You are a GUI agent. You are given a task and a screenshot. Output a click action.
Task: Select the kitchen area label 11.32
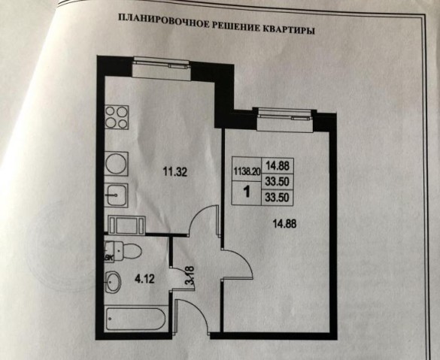pos(174,171)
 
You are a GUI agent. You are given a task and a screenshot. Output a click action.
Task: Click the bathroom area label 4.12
pos(145,279)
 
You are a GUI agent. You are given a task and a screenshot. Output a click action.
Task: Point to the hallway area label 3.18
pos(190,275)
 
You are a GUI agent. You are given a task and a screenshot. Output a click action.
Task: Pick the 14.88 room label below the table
pos(285,224)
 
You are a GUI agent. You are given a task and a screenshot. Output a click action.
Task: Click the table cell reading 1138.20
pos(247,171)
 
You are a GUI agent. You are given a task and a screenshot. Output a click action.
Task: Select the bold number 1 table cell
pos(247,192)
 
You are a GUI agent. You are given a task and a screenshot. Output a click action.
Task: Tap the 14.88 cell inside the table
pos(278,165)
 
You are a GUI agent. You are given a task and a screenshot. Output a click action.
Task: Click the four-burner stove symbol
pos(117,117)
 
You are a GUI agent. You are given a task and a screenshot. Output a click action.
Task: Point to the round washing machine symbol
pos(117,164)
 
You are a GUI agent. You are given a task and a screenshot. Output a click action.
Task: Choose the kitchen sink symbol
pos(117,195)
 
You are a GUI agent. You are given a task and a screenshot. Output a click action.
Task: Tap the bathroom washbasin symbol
pos(113,282)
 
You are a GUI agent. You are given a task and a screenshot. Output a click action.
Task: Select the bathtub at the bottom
pos(136,319)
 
